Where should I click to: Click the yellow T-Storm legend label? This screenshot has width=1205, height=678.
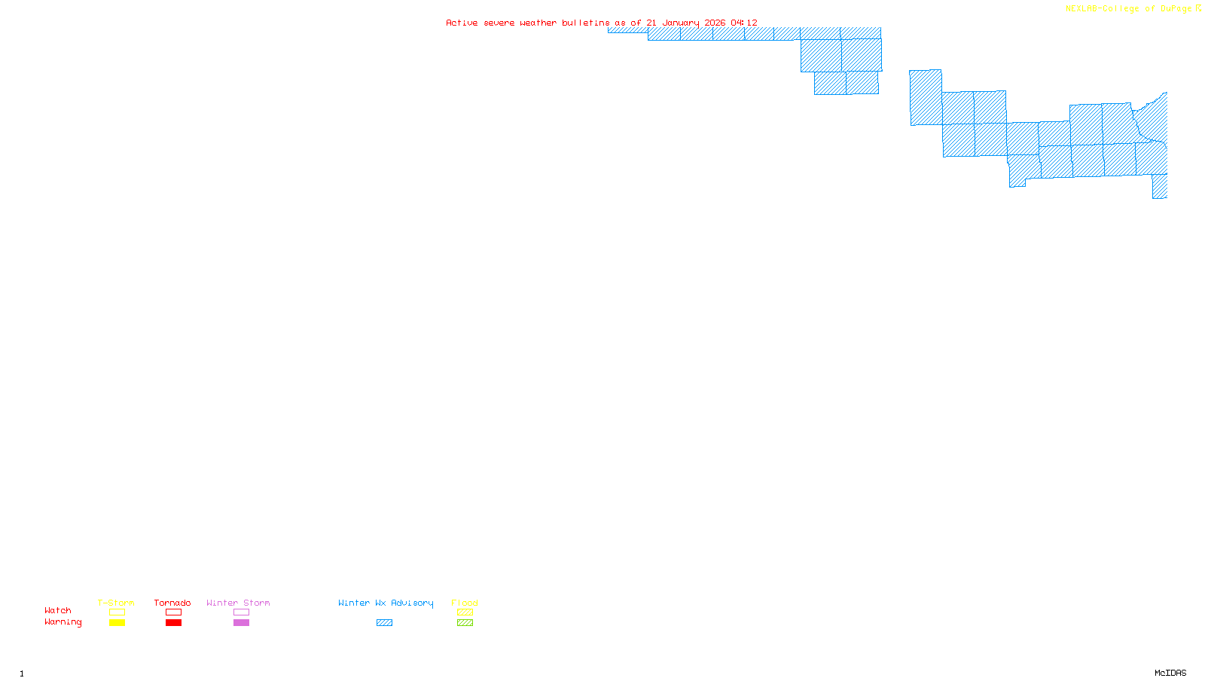(x=116, y=603)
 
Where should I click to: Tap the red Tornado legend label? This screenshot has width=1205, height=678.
(x=172, y=603)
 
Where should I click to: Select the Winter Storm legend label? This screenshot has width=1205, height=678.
(x=238, y=603)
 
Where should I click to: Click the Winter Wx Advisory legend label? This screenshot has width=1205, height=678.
(x=386, y=603)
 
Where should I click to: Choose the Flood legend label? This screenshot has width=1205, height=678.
(x=465, y=603)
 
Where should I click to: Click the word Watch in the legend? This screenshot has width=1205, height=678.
(x=58, y=610)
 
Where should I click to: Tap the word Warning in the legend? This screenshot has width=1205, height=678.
(x=63, y=622)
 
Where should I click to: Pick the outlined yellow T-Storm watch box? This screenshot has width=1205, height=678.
(x=117, y=612)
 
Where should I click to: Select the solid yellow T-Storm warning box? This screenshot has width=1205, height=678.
(x=117, y=623)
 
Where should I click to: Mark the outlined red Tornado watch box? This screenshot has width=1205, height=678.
(x=173, y=612)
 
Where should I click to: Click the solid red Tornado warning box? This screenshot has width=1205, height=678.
(x=173, y=623)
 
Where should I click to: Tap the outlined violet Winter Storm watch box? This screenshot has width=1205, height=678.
(x=241, y=612)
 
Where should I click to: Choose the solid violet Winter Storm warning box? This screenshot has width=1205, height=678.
(x=241, y=623)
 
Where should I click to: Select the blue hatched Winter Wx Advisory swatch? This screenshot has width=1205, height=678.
(x=384, y=623)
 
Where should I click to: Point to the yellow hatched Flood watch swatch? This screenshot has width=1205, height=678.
(x=465, y=612)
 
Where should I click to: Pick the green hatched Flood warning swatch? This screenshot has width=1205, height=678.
(x=465, y=623)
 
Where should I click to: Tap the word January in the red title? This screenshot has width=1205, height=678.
(x=680, y=23)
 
